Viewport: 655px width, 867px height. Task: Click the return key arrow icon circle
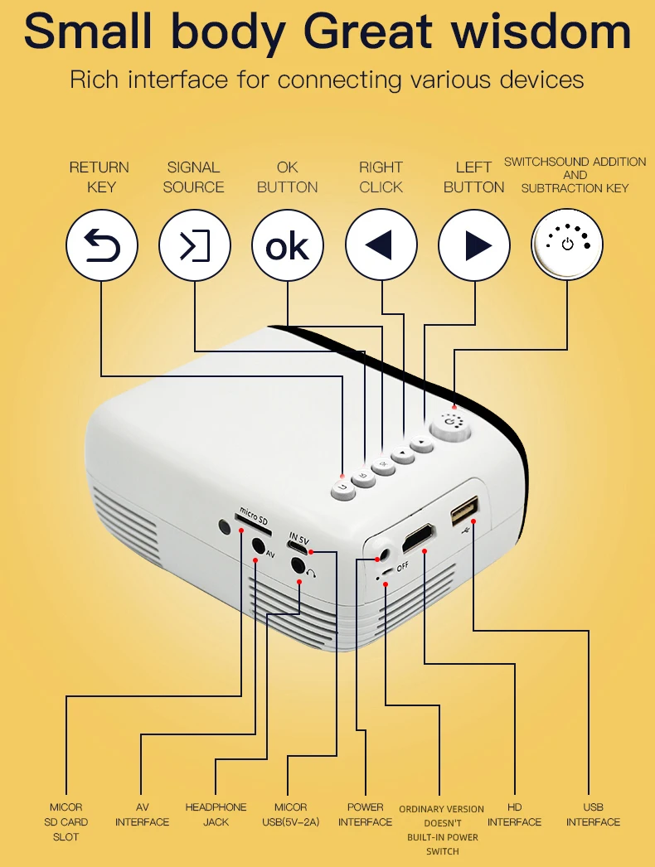[102, 245]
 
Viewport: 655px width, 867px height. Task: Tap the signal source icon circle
[195, 245]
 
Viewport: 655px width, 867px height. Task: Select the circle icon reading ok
[288, 245]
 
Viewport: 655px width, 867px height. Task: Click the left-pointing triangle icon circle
[381, 245]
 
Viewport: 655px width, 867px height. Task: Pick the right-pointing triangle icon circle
[474, 245]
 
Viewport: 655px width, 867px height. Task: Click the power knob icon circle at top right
[567, 244]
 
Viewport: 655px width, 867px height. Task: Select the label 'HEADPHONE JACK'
[216, 814]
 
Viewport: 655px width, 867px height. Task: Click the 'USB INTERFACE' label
[593, 814]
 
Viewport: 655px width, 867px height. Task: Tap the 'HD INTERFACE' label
[514, 814]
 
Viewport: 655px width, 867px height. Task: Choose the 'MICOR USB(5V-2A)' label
[290, 814]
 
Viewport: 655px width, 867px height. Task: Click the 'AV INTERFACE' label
[142, 814]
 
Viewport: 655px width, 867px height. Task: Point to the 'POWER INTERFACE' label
[365, 814]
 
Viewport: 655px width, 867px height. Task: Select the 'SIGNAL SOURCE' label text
[193, 177]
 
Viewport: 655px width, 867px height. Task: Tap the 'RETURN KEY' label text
[99, 177]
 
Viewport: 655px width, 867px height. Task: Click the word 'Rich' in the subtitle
[95, 80]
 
